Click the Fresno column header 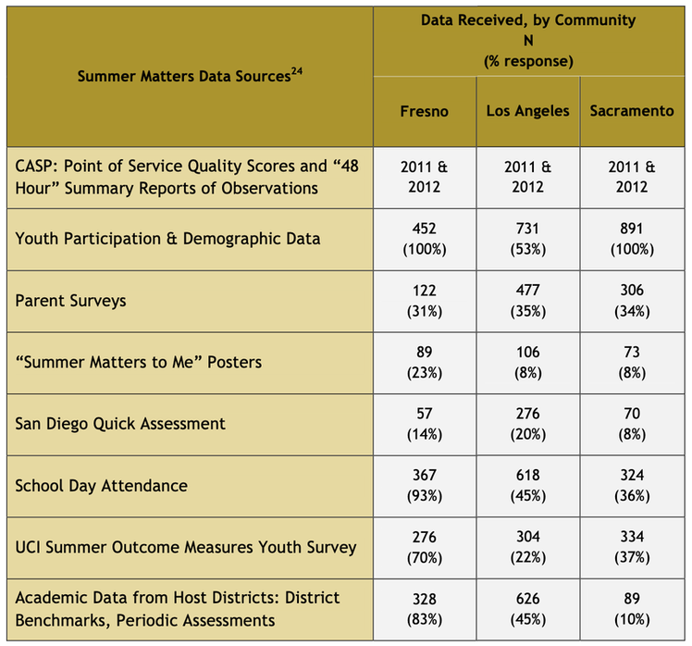(x=424, y=111)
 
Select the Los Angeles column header (x=528, y=111)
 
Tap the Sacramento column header (x=632, y=111)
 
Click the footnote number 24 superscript (x=297, y=70)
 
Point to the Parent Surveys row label (x=70, y=301)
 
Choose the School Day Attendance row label (x=102, y=486)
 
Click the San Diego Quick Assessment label (x=120, y=424)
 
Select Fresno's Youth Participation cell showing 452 (x=424, y=239)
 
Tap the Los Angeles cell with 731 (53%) (x=528, y=239)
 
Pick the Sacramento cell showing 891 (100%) (x=632, y=239)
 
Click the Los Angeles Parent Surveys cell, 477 (x=528, y=301)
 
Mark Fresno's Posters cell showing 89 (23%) (x=424, y=363)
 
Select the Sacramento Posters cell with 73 (x=632, y=363)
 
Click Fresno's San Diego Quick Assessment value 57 (x=424, y=424)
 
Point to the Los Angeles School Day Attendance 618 (x=528, y=486)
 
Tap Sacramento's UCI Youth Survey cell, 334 (x=632, y=547)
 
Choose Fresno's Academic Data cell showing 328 (x=424, y=609)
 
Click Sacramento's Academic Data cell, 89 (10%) (x=632, y=609)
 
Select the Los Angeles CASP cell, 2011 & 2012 (x=528, y=177)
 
